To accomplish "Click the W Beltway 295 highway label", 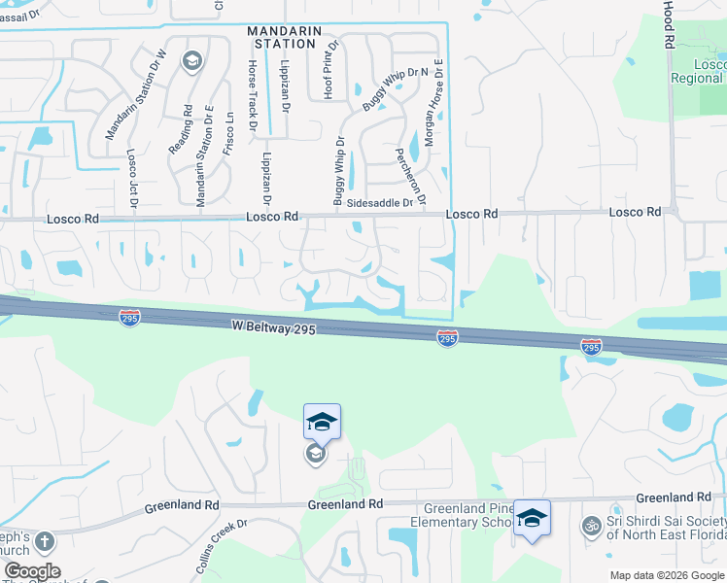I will coord(274,330).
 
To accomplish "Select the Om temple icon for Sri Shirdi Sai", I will coord(589,526).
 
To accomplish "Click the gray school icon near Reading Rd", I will coord(192,62).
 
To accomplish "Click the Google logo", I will coord(32,571).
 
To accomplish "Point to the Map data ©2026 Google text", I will coord(666,575).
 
